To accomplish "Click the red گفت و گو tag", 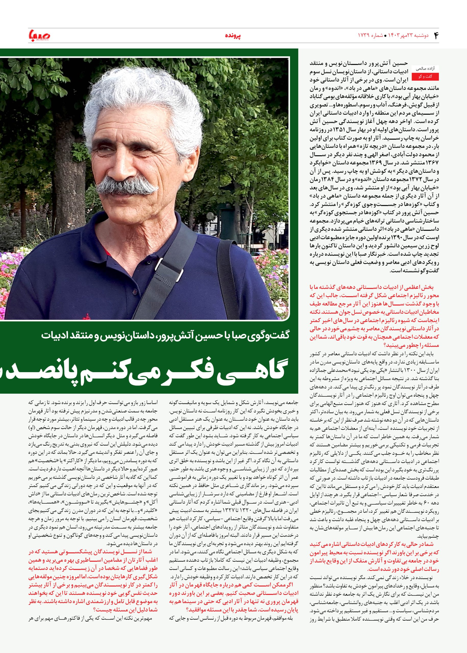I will tap(424, 77).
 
